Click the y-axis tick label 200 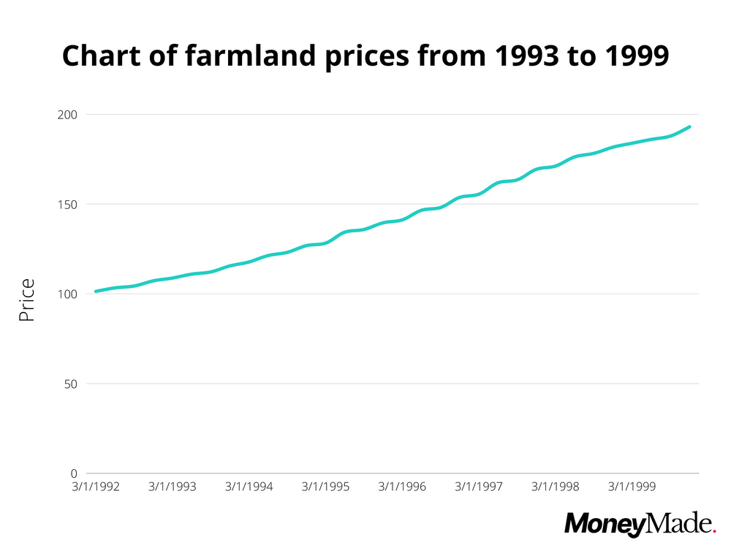[68, 115]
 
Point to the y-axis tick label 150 [68, 205]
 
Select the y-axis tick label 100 [68, 294]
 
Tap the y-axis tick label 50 [71, 384]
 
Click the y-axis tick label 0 [74, 473]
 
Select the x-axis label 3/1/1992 [96, 487]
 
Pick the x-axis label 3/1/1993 [173, 487]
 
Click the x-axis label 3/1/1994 [249, 487]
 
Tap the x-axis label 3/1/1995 [326, 487]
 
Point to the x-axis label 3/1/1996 [402, 487]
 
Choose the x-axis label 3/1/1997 [479, 487]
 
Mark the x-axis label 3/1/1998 [555, 487]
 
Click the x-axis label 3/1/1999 [632, 487]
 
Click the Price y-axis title [27, 300]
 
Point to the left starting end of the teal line [96, 292]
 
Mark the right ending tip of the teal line [689, 127]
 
